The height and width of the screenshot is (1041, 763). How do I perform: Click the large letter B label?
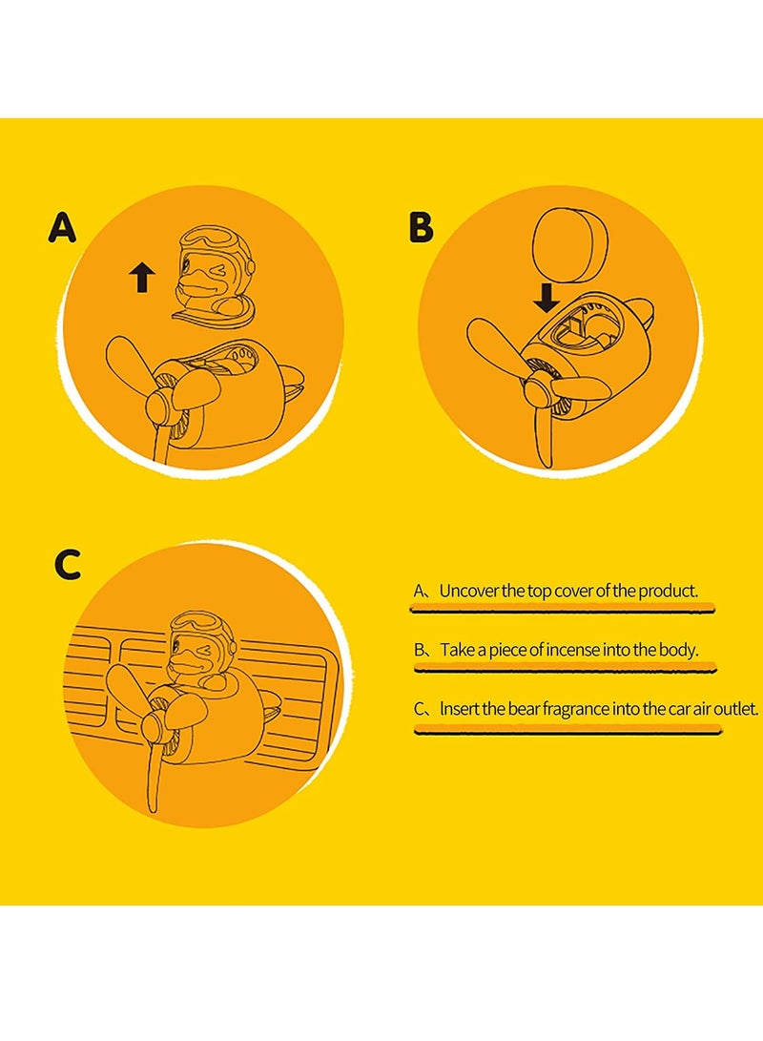(x=420, y=228)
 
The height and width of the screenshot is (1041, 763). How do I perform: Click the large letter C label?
(x=67, y=564)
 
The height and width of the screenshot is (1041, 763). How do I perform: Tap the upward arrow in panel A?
(x=141, y=278)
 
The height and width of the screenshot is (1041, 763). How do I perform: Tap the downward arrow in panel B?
(x=546, y=299)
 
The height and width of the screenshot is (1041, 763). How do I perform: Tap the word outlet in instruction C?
(x=735, y=709)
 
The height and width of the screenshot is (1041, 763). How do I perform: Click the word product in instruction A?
(x=669, y=591)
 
